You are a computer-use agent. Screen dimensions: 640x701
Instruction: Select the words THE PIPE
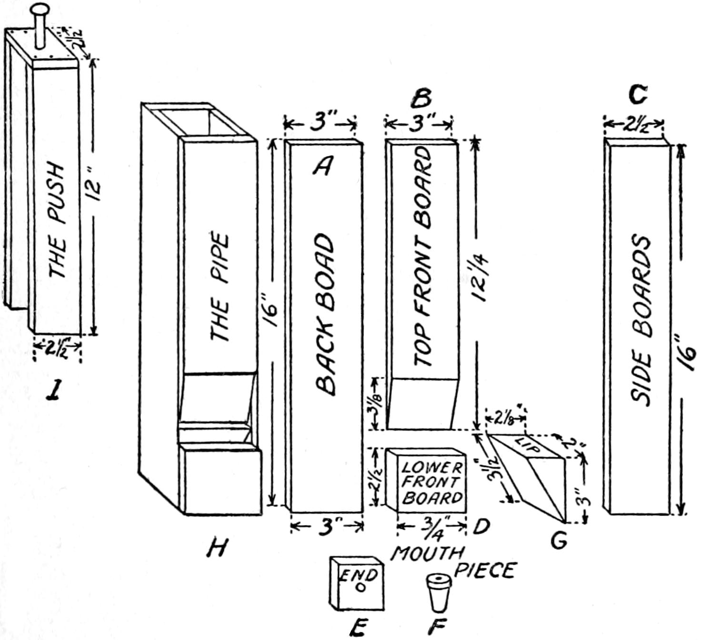pyautogui.click(x=220, y=287)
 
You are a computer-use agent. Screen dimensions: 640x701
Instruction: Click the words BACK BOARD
pyautogui.click(x=325, y=315)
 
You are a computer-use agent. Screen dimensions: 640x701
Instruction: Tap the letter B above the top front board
pyautogui.click(x=421, y=98)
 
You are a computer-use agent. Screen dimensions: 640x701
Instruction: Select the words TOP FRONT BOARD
pyautogui.click(x=422, y=258)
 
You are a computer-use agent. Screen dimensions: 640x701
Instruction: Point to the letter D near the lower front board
pyautogui.click(x=481, y=526)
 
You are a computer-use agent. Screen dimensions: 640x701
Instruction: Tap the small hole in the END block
pyautogui.click(x=361, y=587)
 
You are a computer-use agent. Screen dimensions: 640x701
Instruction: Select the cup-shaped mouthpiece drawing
pyautogui.click(x=438, y=591)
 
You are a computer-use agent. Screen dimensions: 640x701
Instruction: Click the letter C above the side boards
pyautogui.click(x=637, y=96)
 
